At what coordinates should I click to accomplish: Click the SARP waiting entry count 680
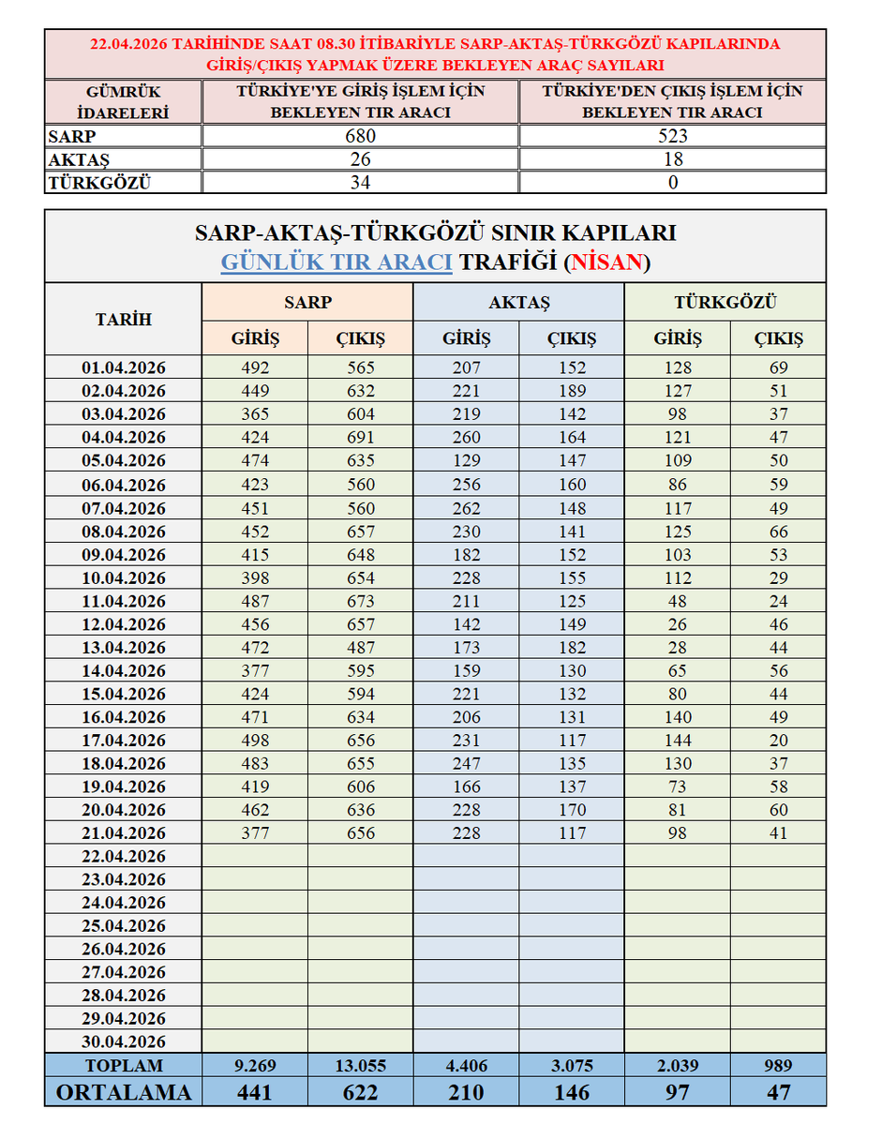360,136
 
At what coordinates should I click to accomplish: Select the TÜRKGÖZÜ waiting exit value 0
673,183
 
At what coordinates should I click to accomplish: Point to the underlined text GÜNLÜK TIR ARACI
336,262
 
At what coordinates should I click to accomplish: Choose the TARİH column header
123,319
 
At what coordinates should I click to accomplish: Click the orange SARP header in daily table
307,303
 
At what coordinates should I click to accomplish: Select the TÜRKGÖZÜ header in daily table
725,303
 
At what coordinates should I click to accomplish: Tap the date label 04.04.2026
123,438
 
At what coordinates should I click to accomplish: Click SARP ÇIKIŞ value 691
360,438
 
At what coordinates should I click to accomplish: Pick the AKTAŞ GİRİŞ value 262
465,508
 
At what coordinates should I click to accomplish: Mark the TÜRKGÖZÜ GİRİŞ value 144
677,741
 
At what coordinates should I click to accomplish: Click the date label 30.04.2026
123,1042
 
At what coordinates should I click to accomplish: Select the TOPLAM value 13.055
360,1066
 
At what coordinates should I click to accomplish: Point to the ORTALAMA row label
123,1092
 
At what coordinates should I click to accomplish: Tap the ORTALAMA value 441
254,1092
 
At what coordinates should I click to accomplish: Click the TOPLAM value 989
778,1066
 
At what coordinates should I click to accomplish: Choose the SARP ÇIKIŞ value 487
360,648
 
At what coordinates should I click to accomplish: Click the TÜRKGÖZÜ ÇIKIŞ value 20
778,741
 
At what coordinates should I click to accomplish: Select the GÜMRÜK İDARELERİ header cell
123,102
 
